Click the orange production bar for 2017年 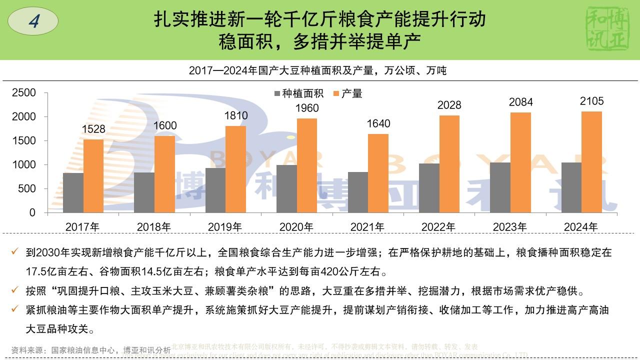pyautogui.click(x=93, y=175)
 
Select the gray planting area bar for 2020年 pyautogui.click(x=287, y=188)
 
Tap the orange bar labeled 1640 pyautogui.click(x=378, y=173)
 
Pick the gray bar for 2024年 pyautogui.click(x=571, y=187)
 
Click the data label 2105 pyautogui.click(x=592, y=101)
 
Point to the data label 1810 pyautogui.click(x=236, y=116)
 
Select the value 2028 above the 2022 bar pyautogui.click(x=449, y=105)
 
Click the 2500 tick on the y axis pyautogui.click(x=24, y=93)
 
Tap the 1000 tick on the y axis pyautogui.click(x=24, y=165)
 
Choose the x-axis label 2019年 pyautogui.click(x=225, y=227)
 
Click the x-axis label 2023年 pyautogui.click(x=509, y=227)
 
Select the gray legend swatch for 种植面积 pyautogui.click(x=277, y=93)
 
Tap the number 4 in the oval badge pyautogui.click(x=33, y=21)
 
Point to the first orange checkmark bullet pyautogui.click(x=15, y=252)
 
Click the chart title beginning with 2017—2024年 pyautogui.click(x=317, y=70)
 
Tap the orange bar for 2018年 pyautogui.click(x=164, y=174)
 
